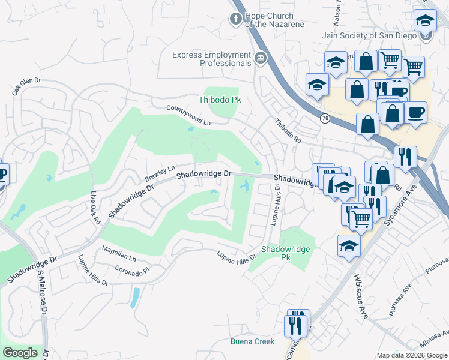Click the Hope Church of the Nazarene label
(x=273, y=20)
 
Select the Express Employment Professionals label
(x=211, y=59)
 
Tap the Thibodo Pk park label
(x=220, y=100)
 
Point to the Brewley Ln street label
(x=160, y=174)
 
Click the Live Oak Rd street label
(x=95, y=208)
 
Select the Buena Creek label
(x=253, y=341)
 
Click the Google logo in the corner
(x=20, y=353)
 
